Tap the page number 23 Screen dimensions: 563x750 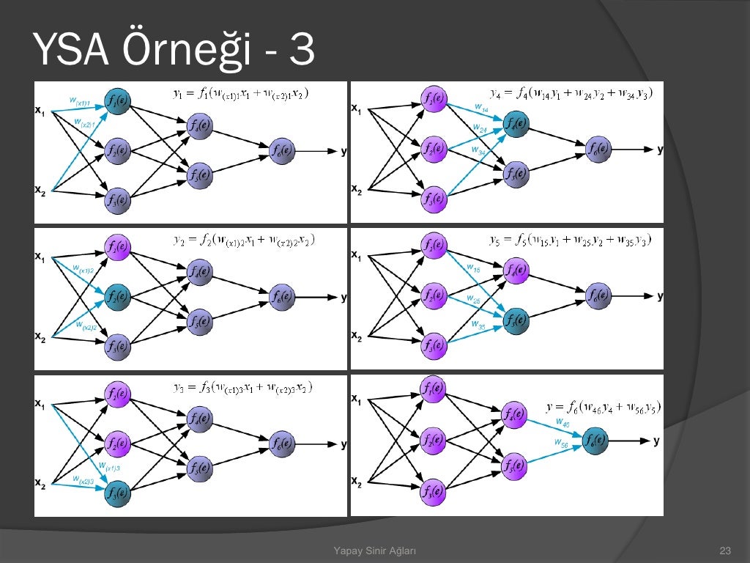coord(726,551)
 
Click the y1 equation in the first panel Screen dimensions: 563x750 coord(240,93)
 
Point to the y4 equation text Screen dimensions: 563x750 coord(571,93)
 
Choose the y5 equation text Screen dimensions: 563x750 coord(571,240)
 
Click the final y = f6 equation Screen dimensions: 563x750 coord(605,406)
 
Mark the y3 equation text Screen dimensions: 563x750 coord(240,387)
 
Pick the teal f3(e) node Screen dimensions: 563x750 coord(117,492)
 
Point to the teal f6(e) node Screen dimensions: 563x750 coord(594,441)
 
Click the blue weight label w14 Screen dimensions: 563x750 coord(481,108)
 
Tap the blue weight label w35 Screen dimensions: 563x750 coord(478,323)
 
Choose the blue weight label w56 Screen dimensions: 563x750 coord(562,444)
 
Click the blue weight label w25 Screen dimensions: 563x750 coord(475,298)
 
